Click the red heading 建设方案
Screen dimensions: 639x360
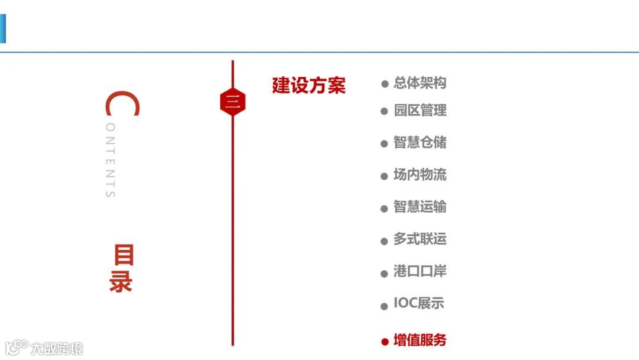[308, 85]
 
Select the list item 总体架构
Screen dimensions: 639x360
[419, 83]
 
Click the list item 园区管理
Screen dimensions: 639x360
[419, 110]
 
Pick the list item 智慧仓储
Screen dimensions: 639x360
[419, 143]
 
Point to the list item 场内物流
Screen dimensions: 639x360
[419, 175]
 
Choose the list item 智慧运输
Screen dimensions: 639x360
[419, 207]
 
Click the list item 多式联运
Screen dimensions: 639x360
[419, 239]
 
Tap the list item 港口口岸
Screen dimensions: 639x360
[419, 271]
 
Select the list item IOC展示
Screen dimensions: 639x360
[418, 304]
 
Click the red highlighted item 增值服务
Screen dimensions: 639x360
[419, 340]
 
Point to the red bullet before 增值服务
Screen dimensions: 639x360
[385, 342]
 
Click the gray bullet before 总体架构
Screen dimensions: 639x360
[385, 85]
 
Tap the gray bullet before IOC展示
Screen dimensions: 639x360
[385, 306]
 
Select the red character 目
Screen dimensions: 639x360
[124, 256]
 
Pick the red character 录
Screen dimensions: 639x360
[121, 282]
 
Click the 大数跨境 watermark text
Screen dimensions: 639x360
[57, 348]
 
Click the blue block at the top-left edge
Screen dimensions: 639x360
[2, 28]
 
